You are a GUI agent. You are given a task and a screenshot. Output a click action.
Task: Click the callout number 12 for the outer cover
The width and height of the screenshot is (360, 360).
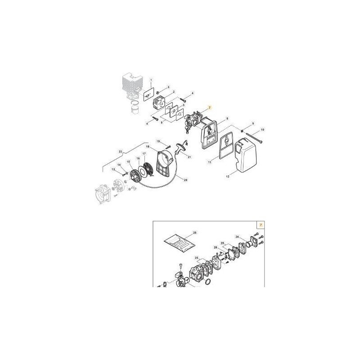[x=228, y=177]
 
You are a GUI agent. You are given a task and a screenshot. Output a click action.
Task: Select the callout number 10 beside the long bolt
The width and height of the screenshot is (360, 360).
[x=263, y=130]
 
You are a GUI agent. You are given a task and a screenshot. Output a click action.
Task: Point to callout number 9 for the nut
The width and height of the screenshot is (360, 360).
[x=253, y=123]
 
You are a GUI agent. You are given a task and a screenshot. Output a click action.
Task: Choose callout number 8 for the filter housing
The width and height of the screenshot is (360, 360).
[x=228, y=118]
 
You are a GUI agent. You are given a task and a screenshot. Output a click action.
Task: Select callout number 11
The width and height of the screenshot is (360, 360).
[x=210, y=161]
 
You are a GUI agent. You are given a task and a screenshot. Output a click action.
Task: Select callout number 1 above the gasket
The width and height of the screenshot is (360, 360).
[x=151, y=79]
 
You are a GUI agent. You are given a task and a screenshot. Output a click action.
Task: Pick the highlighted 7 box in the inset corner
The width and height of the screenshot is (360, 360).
[x=260, y=224]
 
